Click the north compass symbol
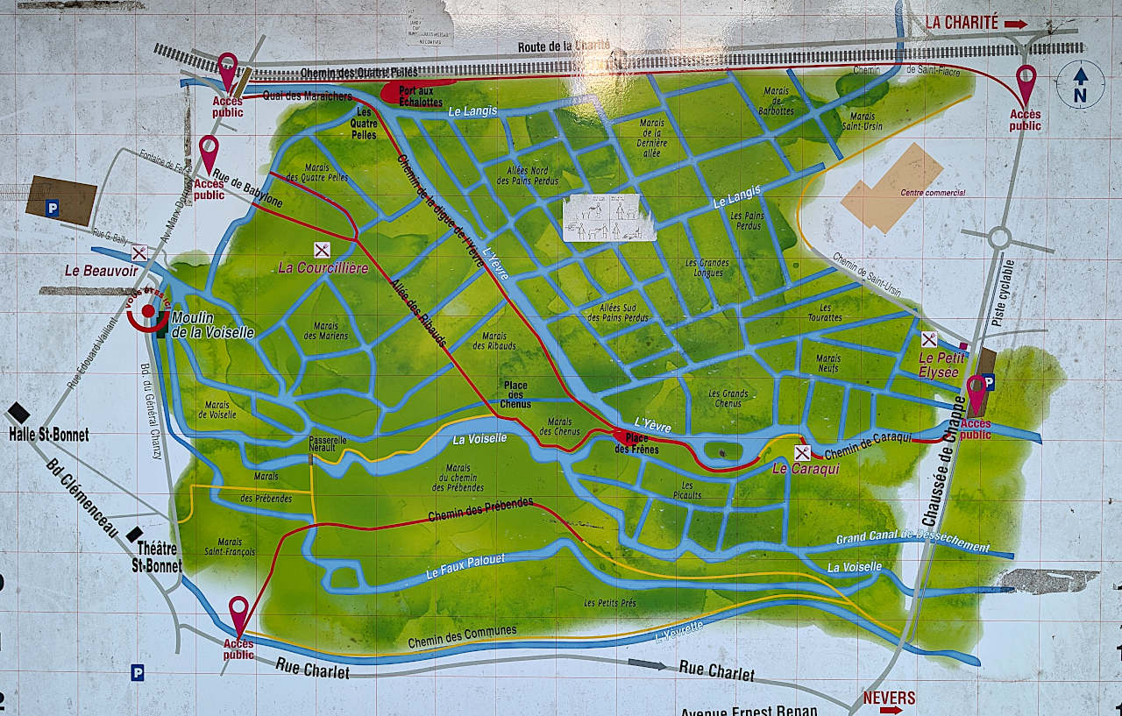click(1080, 85)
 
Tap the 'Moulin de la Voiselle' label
click(213, 325)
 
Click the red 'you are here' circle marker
click(148, 310)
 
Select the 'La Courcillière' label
click(323, 268)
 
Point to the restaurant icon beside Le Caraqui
click(801, 453)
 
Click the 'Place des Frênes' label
click(637, 443)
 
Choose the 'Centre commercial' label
click(932, 193)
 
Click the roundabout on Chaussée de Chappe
click(999, 237)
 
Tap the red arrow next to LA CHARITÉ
click(1016, 25)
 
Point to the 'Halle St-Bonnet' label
click(48, 434)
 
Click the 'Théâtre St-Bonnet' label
click(156, 557)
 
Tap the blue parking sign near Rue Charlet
click(137, 672)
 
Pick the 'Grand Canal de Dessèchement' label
click(912, 542)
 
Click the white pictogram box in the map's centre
click(608, 218)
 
